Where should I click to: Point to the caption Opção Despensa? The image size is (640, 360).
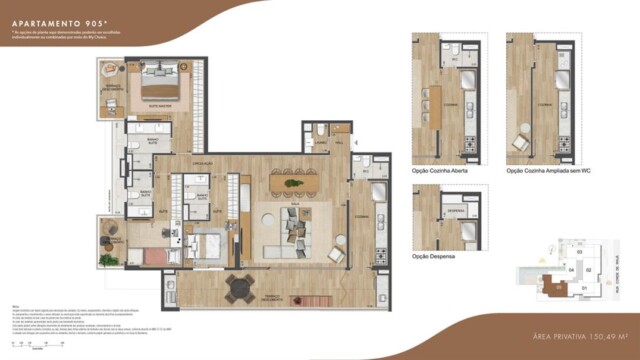(434, 257)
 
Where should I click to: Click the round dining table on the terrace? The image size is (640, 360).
(240, 289)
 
